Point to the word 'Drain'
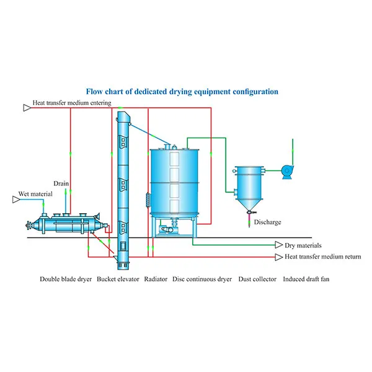click(61, 184)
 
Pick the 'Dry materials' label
click(303, 246)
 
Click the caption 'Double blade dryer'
click(66, 279)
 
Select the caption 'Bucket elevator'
click(118, 279)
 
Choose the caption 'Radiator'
click(156, 279)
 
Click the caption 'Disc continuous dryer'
click(202, 279)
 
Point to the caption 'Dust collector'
click(254, 279)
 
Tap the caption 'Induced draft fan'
click(306, 279)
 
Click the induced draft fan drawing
click(287, 171)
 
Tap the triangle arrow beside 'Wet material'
click(15, 199)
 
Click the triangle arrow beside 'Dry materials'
click(279, 246)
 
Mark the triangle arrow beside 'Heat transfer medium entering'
click(26, 107)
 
